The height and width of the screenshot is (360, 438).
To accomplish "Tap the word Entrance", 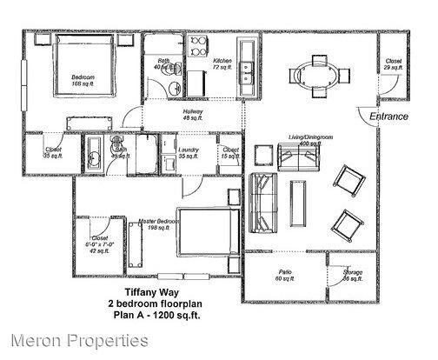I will (x=388, y=116).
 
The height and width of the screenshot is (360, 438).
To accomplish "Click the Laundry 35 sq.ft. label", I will (x=189, y=153).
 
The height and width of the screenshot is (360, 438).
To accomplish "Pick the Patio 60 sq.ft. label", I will (x=285, y=275).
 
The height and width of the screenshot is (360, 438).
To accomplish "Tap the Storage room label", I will (x=351, y=276).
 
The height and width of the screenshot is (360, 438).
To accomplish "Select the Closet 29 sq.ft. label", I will (x=393, y=64).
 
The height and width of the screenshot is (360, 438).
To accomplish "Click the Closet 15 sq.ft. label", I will (x=230, y=153).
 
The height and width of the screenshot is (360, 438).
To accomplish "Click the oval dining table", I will (x=315, y=74).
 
